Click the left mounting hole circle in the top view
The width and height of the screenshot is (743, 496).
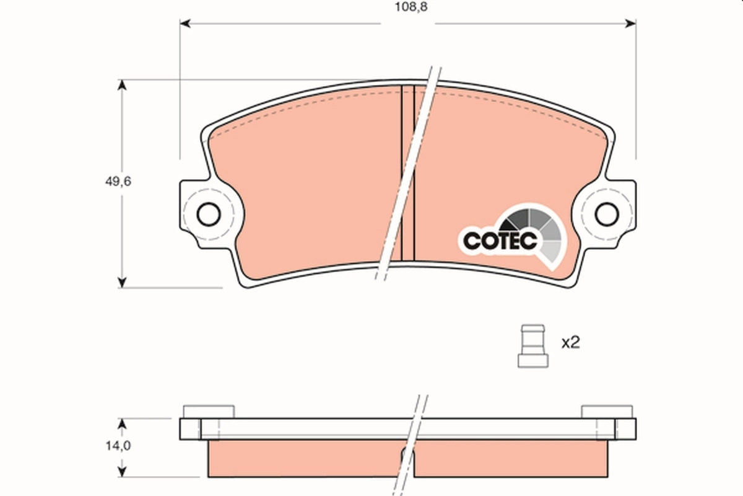(x=208, y=215)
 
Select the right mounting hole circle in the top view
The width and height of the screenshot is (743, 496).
(x=606, y=214)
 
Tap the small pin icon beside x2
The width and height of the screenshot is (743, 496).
(x=532, y=345)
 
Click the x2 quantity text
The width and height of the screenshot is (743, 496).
(x=570, y=343)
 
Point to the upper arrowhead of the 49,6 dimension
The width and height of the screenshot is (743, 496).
(x=122, y=85)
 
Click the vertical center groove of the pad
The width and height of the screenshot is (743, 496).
(x=407, y=174)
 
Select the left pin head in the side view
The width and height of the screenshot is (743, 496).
(x=209, y=411)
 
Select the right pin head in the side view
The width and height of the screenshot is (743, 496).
(x=606, y=411)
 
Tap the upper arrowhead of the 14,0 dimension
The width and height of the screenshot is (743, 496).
(x=122, y=423)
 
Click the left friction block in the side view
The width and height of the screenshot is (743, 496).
(x=303, y=459)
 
